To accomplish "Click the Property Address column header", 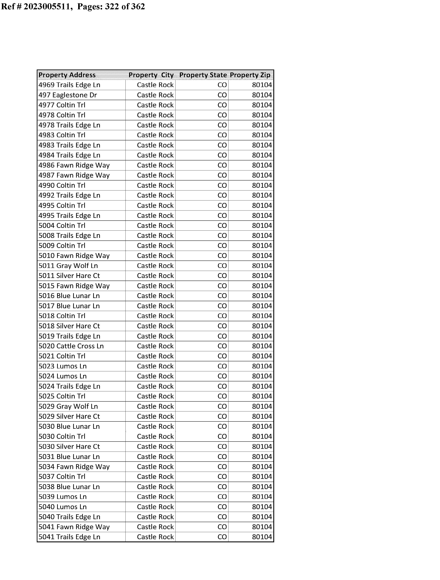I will coord(67,75).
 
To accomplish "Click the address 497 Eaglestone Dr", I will coord(68,95).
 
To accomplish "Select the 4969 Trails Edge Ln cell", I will coord(69,85).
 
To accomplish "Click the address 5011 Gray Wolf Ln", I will coord(68,266).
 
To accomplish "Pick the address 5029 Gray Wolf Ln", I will coord(68,406).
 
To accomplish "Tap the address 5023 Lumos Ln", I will coord(63,366).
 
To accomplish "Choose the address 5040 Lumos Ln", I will coord(63,507).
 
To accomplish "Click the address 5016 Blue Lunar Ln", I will coord(69,296).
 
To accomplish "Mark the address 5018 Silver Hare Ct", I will coord(69,326).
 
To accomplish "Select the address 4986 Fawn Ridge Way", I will coord(74,165).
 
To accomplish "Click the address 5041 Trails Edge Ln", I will coord(69,537).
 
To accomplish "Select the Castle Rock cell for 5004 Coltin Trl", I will coord(155,226).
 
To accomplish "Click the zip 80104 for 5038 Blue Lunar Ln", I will coord(262,487).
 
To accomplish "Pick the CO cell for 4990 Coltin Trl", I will coord(222,185).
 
